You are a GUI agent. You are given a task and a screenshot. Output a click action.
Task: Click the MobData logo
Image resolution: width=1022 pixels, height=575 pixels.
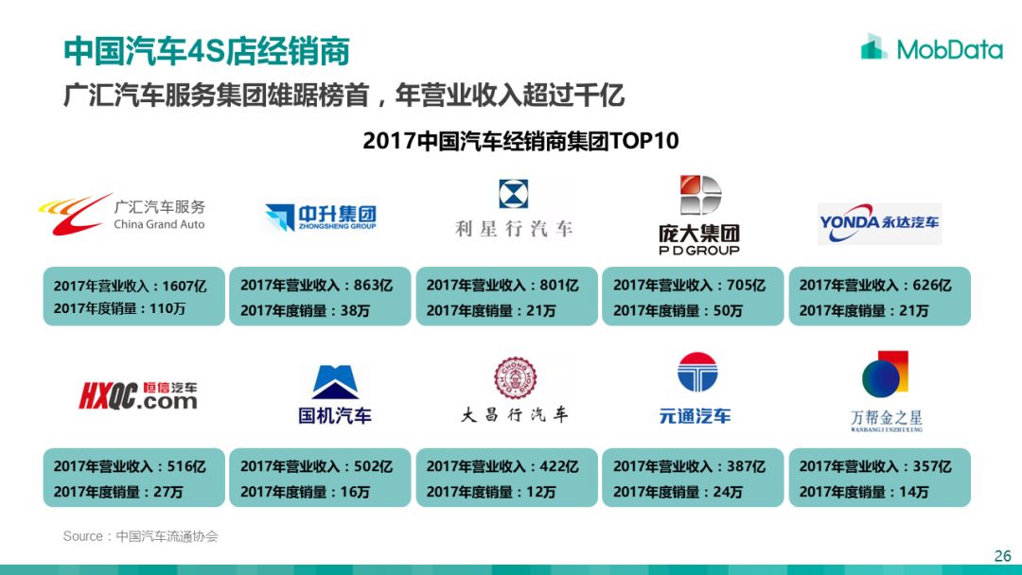coord(931,47)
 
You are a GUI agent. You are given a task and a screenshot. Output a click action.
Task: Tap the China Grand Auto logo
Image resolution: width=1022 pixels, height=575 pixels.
coord(122,215)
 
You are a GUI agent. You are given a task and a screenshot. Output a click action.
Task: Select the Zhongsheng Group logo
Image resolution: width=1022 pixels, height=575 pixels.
coord(321,218)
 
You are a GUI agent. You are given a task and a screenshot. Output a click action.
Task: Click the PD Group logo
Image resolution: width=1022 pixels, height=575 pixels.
coord(699,215)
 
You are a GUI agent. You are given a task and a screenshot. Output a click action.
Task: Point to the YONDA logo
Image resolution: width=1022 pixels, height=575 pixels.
coord(879,223)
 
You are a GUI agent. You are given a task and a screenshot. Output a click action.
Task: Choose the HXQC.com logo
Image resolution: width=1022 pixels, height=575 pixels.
coord(138,395)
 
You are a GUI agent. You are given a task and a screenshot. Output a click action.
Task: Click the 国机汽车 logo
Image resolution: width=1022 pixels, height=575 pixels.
coord(335,394)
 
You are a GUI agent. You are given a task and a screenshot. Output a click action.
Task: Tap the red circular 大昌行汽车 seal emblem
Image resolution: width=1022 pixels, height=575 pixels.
coord(515,377)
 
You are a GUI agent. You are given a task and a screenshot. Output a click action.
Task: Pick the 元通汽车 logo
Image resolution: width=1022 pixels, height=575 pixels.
coord(696,388)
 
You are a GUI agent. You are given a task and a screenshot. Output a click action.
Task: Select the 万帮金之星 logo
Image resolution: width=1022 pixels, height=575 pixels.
coord(886,392)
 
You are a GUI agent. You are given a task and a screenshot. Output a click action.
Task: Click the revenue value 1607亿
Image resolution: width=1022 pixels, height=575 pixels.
coord(185,286)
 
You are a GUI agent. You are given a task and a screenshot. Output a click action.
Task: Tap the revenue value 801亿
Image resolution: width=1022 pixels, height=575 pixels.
coord(558,286)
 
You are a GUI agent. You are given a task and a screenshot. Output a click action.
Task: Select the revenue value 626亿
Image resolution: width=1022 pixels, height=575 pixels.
coord(932,286)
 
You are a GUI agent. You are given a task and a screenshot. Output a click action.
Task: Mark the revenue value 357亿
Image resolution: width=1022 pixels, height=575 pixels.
coord(932,466)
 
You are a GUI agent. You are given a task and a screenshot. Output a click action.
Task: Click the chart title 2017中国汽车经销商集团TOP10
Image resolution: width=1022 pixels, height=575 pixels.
coord(520,141)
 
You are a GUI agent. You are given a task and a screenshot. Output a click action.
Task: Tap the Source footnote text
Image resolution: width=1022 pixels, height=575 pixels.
coord(141,536)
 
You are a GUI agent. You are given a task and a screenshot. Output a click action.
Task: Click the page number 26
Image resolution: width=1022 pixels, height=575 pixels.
coord(1002,556)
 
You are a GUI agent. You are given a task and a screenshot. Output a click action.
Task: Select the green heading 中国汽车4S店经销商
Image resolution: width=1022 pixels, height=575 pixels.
coord(206,51)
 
